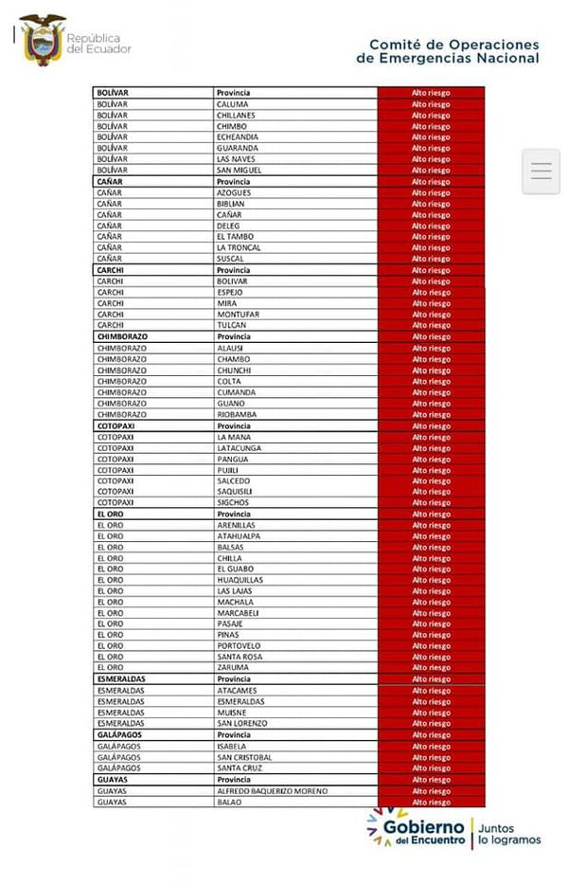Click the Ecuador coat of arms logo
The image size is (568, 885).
(42, 41)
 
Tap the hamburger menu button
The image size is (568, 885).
(541, 172)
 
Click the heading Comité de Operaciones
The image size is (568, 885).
(453, 45)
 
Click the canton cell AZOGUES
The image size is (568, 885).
(234, 192)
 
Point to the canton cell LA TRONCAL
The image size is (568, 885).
(240, 248)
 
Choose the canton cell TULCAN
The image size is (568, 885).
(232, 325)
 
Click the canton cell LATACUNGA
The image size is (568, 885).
(239, 448)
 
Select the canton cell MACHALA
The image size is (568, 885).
(235, 602)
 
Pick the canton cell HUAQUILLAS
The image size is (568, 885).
(240, 580)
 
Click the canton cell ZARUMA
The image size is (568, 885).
(233, 668)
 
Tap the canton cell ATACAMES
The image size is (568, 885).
(236, 691)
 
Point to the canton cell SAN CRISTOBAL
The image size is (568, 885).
(244, 757)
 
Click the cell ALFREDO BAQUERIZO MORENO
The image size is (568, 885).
(272, 790)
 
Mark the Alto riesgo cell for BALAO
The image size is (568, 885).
(431, 803)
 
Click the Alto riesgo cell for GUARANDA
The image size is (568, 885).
(431, 149)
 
